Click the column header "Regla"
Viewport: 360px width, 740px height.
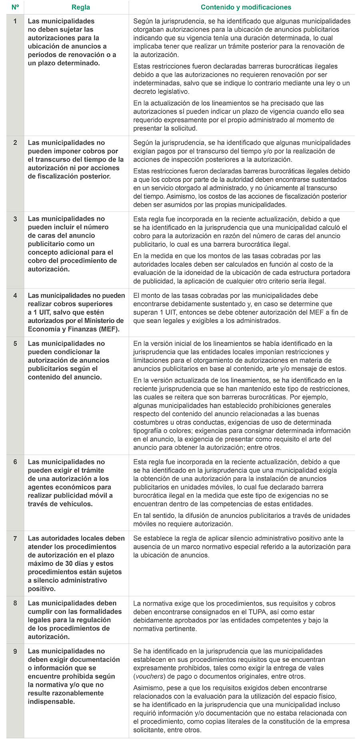coord(80,7)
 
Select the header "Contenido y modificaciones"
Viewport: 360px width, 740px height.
coord(246,7)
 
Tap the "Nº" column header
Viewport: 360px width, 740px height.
coord(15,7)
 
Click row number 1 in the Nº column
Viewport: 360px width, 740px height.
coord(15,21)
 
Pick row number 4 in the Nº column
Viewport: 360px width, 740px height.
coord(15,296)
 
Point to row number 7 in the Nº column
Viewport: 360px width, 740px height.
coord(15,538)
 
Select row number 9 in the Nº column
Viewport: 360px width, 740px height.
coord(15,651)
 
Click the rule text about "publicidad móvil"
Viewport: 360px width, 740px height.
coord(70,483)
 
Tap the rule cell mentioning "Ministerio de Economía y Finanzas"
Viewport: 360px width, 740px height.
coord(76,312)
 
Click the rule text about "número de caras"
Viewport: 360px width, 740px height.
coord(72,244)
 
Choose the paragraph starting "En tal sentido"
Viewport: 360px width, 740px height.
coord(242,520)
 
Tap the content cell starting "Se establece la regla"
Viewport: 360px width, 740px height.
coord(242,547)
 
